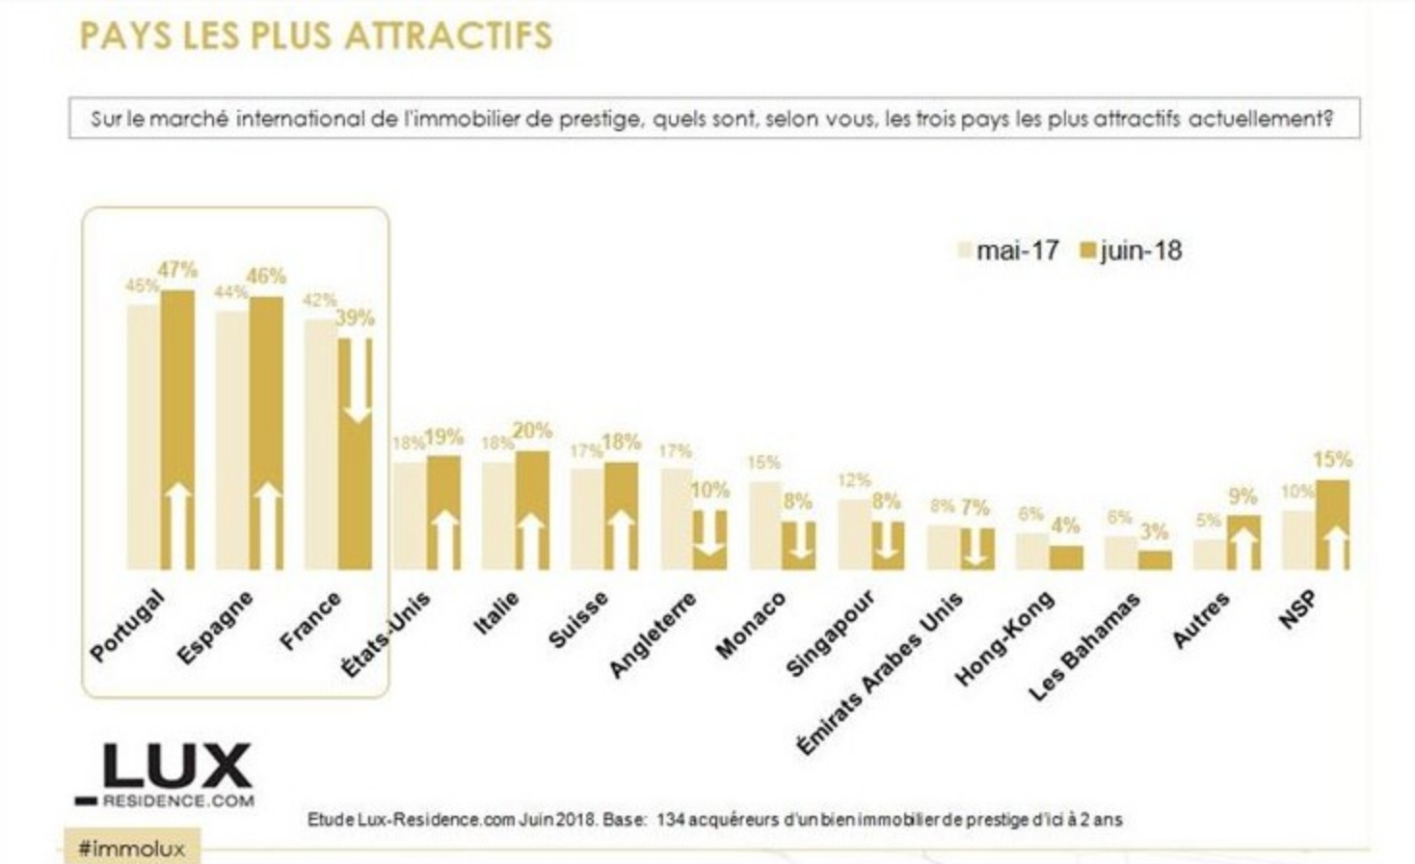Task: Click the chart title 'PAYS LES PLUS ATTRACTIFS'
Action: tap(315, 36)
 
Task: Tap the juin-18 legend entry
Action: tap(1130, 251)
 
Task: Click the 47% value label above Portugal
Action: tap(178, 270)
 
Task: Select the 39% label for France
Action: tap(355, 318)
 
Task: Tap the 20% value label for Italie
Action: tap(532, 431)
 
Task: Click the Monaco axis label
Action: tap(751, 626)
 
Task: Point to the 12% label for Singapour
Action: tap(854, 479)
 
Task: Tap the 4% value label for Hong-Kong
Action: tap(1065, 526)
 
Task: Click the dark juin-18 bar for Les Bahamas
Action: tap(1155, 560)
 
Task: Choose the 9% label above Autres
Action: tap(1242, 497)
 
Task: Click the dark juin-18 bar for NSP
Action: tap(1332, 525)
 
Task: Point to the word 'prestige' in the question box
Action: tap(600, 120)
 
